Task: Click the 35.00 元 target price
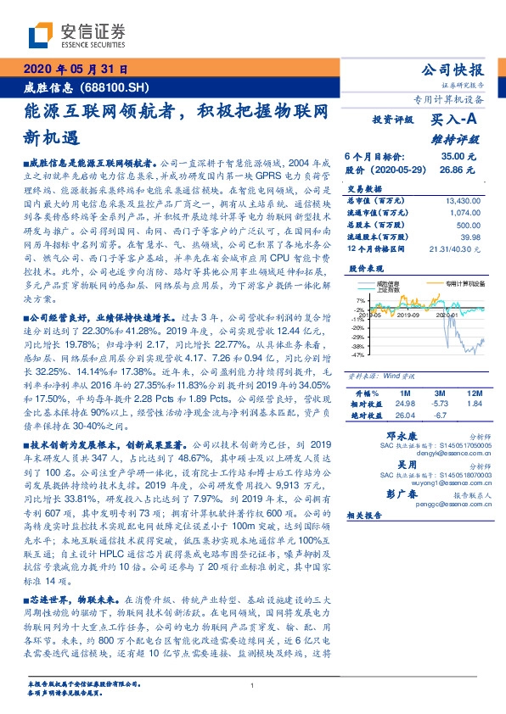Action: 459,157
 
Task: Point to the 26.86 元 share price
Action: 459,170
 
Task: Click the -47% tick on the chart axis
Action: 360,355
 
